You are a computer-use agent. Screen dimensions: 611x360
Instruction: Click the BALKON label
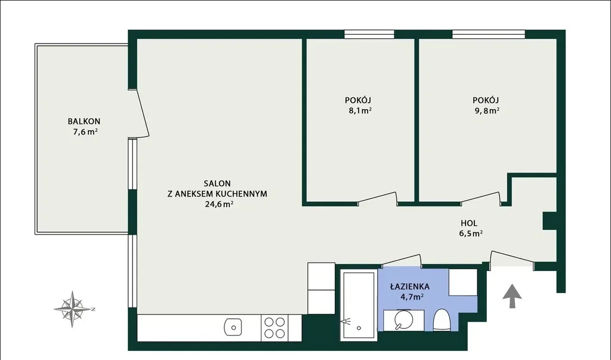pyautogui.click(x=84, y=121)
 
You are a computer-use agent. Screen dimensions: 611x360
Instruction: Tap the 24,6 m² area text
pyautogui.click(x=219, y=204)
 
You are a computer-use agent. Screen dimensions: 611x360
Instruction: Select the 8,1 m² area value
pyautogui.click(x=360, y=110)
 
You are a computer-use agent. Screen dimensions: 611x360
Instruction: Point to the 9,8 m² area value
pyautogui.click(x=487, y=110)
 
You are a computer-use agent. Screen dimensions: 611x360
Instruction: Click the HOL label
pyautogui.click(x=469, y=223)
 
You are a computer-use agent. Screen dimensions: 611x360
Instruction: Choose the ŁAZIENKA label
pyautogui.click(x=410, y=287)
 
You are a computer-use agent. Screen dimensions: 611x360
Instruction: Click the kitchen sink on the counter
pyautogui.click(x=233, y=327)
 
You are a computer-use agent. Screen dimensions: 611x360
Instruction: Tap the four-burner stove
pyautogui.click(x=274, y=328)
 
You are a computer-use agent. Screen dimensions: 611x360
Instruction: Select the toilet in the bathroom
pyautogui.click(x=442, y=320)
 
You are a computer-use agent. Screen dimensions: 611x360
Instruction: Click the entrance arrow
pyautogui.click(x=512, y=297)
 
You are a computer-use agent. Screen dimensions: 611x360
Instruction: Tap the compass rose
pyautogui.click(x=72, y=309)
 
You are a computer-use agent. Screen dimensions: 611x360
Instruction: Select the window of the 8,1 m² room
pyautogui.click(x=369, y=34)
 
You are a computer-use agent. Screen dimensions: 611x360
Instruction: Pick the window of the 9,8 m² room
pyautogui.click(x=489, y=34)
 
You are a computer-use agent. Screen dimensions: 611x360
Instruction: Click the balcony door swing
pyautogui.click(x=143, y=113)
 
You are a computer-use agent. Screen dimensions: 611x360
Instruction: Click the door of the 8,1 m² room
pyautogui.click(x=378, y=198)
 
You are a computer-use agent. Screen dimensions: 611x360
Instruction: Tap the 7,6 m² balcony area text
pyautogui.click(x=85, y=132)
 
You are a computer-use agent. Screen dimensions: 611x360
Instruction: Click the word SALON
pyautogui.click(x=217, y=183)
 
